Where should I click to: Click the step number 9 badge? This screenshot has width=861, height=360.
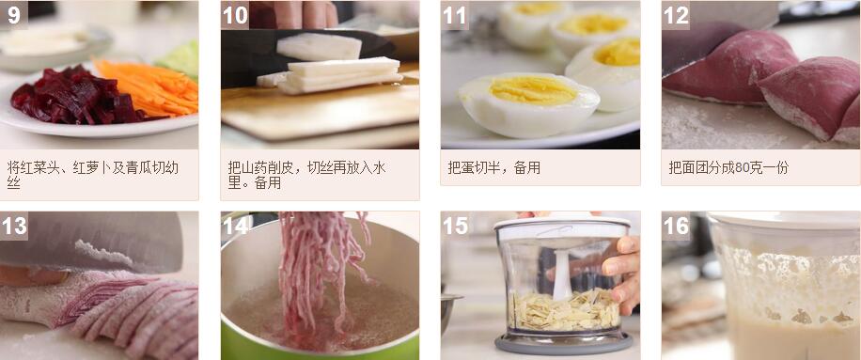point(14,15)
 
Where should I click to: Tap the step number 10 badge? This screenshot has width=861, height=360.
point(235,15)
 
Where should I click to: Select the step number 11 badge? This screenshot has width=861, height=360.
point(455,15)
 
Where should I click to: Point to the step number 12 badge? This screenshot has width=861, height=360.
point(676,15)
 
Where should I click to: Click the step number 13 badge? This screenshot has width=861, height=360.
point(14,226)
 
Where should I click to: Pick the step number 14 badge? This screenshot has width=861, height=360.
point(235,226)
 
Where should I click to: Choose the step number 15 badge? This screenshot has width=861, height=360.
point(455,226)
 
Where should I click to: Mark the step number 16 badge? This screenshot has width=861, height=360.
point(676,226)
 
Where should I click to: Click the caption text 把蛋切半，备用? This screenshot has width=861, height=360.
point(493,168)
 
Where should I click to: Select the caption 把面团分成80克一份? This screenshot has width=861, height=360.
point(728,168)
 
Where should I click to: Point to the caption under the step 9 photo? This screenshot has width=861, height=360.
point(93,175)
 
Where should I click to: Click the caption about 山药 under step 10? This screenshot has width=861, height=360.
point(307,175)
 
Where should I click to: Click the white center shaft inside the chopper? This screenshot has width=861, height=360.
point(562,274)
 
